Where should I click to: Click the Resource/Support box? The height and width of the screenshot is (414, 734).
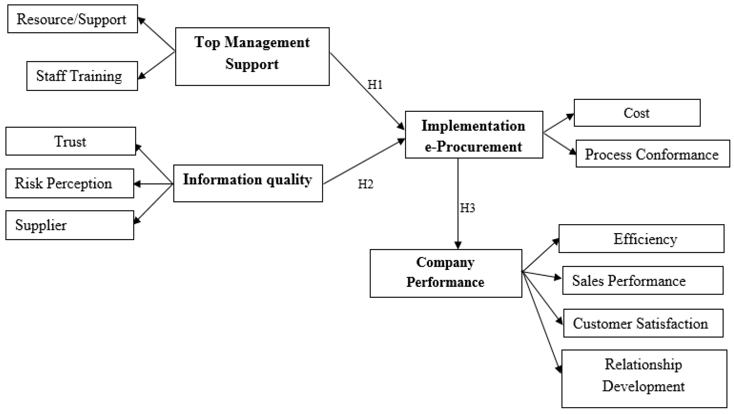(72, 19)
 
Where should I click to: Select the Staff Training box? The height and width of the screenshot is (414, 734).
(82, 76)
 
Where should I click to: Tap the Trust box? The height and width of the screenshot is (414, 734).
(70, 141)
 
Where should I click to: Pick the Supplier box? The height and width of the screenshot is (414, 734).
(69, 225)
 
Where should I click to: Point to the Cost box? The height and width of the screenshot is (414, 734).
(637, 113)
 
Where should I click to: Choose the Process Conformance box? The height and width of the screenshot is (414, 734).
(652, 154)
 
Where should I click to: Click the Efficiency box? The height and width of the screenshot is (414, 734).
(641, 239)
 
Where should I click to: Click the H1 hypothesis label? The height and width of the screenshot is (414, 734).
(375, 85)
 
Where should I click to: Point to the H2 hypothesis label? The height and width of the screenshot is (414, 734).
(365, 184)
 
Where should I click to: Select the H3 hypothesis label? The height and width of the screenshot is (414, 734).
(467, 208)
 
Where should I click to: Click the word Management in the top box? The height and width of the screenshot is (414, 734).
(267, 43)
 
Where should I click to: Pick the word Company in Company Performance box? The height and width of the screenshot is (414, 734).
(445, 262)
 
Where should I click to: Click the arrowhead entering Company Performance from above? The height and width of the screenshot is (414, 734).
(458, 245)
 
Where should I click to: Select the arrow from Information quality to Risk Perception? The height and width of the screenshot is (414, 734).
(153, 184)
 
